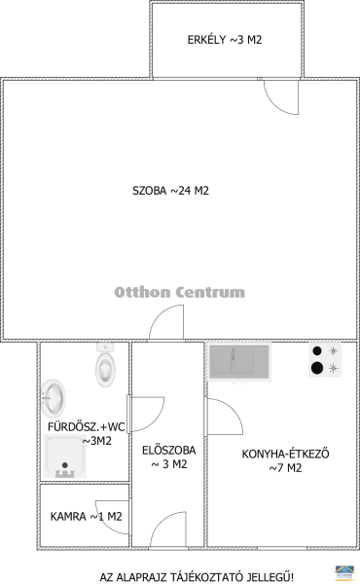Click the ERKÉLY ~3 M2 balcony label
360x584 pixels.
225,40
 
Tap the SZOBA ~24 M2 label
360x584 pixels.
170,191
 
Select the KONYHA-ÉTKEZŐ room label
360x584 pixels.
285,454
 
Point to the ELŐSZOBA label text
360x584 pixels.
169,451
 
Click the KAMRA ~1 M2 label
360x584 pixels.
86,517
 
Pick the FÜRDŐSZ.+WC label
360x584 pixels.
87,426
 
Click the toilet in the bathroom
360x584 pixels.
105,365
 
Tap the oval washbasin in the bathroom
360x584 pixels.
54,398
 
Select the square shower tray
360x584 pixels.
65,456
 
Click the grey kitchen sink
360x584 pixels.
239,362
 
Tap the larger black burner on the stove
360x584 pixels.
317,368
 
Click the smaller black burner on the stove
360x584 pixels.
317,350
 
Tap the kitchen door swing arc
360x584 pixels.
233,409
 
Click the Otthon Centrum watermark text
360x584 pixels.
179,292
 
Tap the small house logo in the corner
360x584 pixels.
344,572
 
